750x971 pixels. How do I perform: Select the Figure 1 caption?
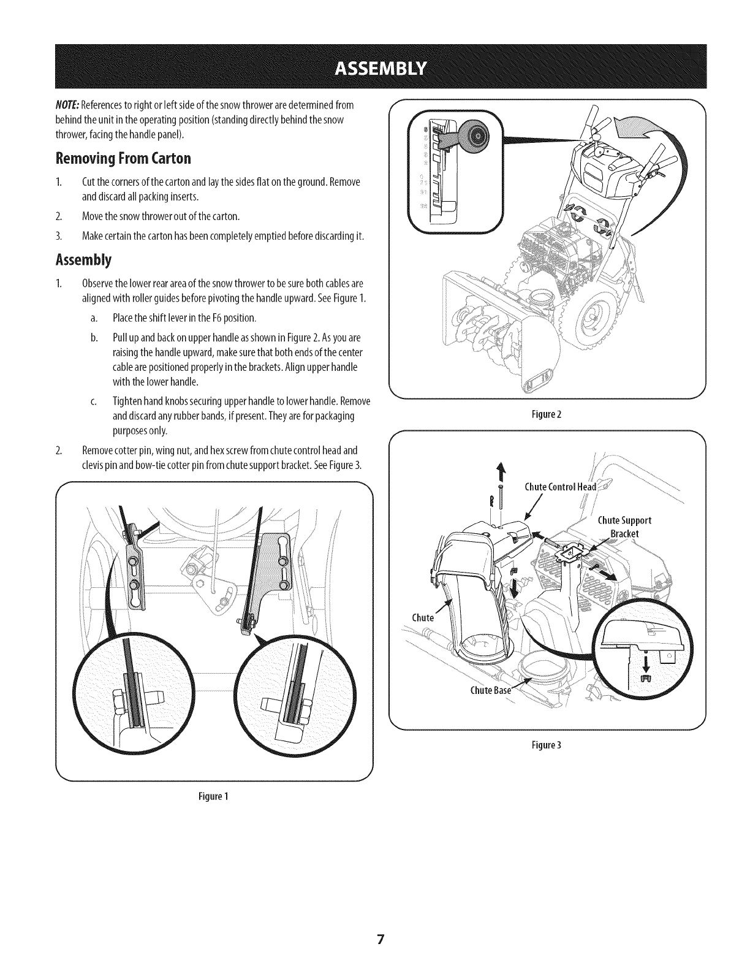(214, 796)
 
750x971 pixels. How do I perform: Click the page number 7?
(380, 940)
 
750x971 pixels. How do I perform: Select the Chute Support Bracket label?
(624, 527)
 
